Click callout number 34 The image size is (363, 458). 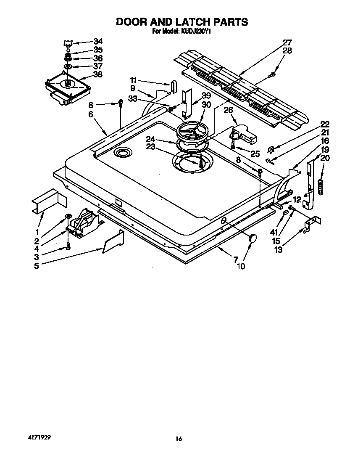tap(97, 41)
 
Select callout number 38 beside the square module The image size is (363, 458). tap(97, 74)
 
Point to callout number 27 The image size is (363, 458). tap(287, 42)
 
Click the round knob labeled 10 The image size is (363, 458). tap(253, 238)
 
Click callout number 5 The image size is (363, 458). tap(37, 265)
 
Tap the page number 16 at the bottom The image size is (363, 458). tap(179, 439)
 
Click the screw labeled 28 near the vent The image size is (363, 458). tap(273, 74)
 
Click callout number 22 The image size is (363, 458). tap(325, 124)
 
